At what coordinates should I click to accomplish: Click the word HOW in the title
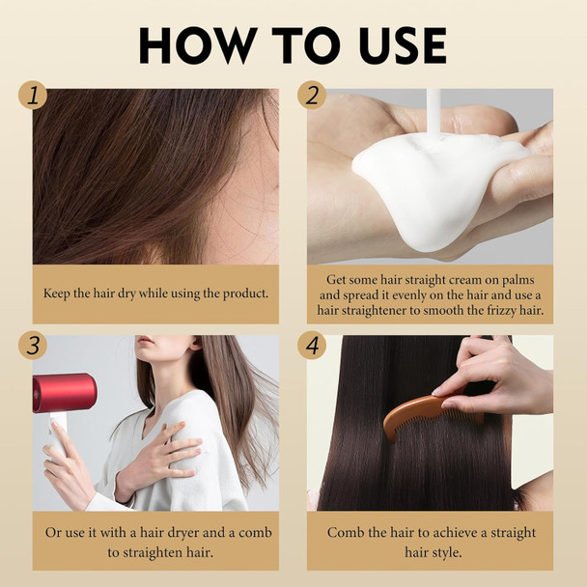pyautogui.click(x=196, y=45)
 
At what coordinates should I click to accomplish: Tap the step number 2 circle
pyautogui.click(x=311, y=95)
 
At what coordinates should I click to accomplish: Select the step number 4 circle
pyautogui.click(x=311, y=343)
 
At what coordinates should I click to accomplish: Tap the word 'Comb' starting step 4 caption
pyautogui.click(x=345, y=533)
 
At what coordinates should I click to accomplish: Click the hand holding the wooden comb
pyautogui.click(x=492, y=377)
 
